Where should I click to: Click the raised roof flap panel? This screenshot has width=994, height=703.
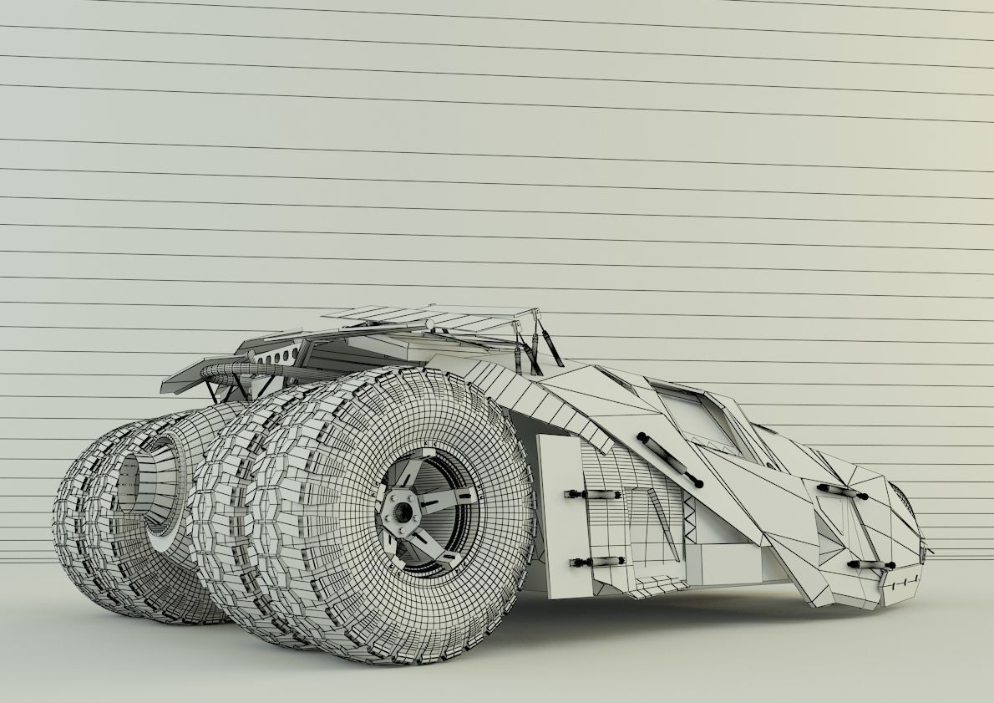[x=426, y=318]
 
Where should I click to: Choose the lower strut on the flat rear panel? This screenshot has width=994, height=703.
[x=595, y=561]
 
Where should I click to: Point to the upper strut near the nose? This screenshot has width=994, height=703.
[x=841, y=491]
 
